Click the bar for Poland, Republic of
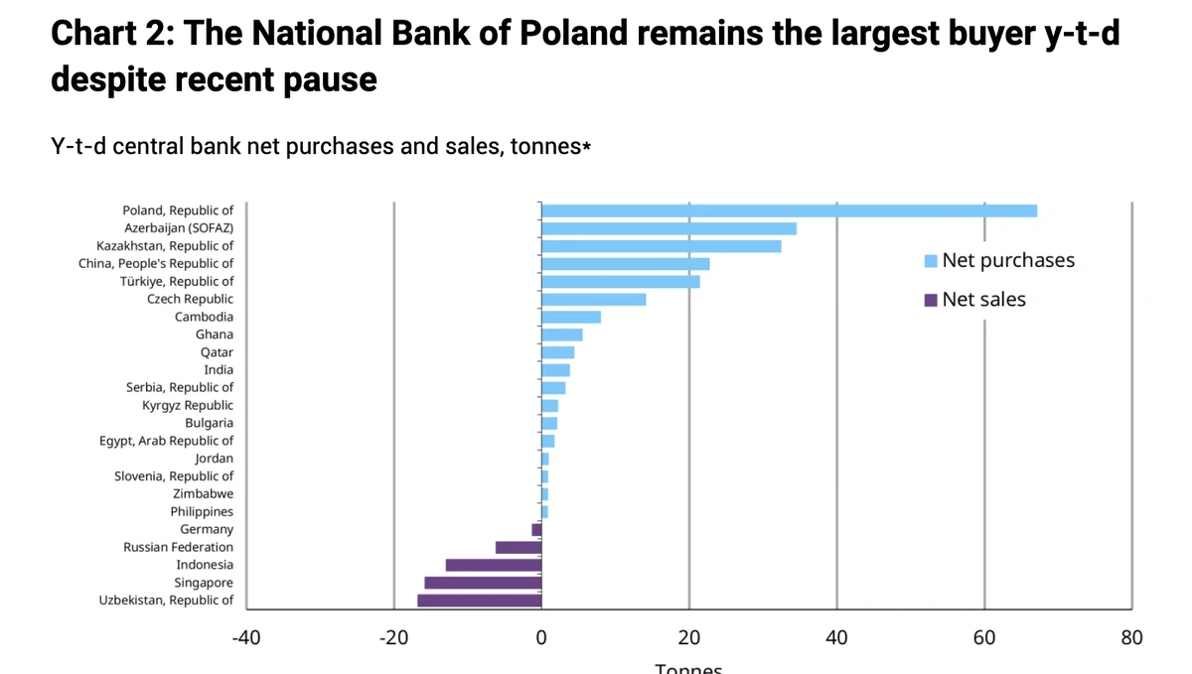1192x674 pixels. [789, 210]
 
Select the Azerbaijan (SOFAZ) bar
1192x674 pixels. [669, 228]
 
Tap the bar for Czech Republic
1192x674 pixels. [593, 299]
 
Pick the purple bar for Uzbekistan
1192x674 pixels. [480, 601]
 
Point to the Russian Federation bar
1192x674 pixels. [519, 547]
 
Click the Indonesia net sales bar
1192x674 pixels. [494, 565]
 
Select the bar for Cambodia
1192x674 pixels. [571, 317]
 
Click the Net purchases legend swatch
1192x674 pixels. [931, 261]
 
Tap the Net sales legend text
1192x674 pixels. [983, 299]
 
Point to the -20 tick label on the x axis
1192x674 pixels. [393, 637]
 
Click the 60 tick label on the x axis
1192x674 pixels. [984, 637]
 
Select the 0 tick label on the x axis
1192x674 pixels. [541, 637]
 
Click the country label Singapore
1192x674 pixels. [204, 583]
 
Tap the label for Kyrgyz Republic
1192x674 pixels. [188, 405]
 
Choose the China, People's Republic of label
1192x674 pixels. [156, 263]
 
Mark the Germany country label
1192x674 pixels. [207, 529]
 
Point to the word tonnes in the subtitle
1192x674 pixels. [543, 147]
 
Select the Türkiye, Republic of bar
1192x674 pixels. [621, 281]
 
